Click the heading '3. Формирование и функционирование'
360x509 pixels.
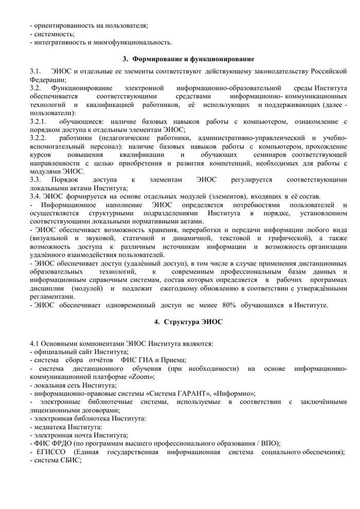pos(189,59)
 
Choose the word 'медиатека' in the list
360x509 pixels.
pos(52,427)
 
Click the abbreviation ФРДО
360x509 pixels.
pos(61,443)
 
